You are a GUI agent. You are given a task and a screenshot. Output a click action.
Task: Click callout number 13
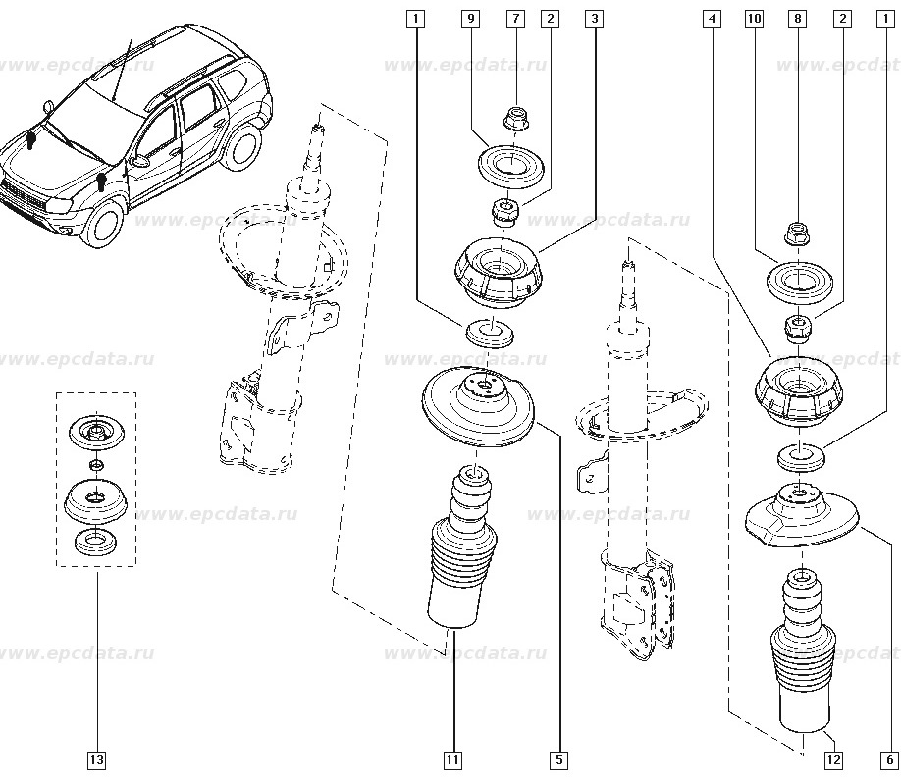pyautogui.click(x=97, y=758)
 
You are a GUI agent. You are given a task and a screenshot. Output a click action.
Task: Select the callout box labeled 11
pyautogui.click(x=452, y=758)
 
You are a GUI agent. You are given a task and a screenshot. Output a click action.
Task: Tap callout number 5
pyautogui.click(x=558, y=758)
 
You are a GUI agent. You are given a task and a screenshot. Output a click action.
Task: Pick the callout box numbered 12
pyautogui.click(x=833, y=758)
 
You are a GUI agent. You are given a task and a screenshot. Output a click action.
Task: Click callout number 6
pyautogui.click(x=889, y=758)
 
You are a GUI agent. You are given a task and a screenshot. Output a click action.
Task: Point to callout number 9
pyautogui.click(x=472, y=19)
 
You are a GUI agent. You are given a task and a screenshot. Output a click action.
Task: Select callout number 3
pyautogui.click(x=593, y=19)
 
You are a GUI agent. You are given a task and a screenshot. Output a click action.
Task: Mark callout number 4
pyautogui.click(x=713, y=19)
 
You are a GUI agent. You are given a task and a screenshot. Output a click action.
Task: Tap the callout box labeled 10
pyautogui.click(x=754, y=19)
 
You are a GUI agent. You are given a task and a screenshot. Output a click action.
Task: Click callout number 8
pyautogui.click(x=797, y=19)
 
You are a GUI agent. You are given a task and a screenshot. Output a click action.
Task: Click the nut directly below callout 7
pyautogui.click(x=514, y=120)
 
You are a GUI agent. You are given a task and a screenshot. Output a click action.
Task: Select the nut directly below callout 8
pyautogui.click(x=796, y=234)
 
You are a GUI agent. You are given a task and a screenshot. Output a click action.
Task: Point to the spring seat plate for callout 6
pyautogui.click(x=803, y=515)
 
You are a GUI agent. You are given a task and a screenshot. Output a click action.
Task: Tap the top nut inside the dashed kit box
pyautogui.click(x=96, y=429)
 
